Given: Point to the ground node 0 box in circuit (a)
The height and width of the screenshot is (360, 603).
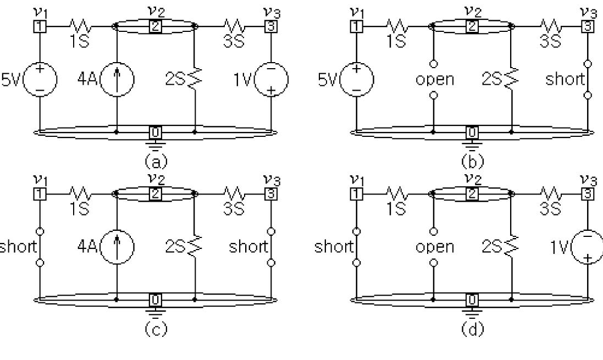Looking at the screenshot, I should (156, 132).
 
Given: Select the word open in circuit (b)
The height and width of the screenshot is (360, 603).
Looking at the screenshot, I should (434, 80).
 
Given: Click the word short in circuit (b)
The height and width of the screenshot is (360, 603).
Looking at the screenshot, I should (565, 80).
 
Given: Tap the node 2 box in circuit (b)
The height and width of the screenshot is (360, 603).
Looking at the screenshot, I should (472, 26).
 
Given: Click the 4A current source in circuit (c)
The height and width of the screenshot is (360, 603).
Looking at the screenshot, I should (118, 247).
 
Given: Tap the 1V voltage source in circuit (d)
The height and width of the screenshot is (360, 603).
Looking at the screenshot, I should (589, 247).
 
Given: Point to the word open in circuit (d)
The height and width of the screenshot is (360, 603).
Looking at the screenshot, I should (434, 247).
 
